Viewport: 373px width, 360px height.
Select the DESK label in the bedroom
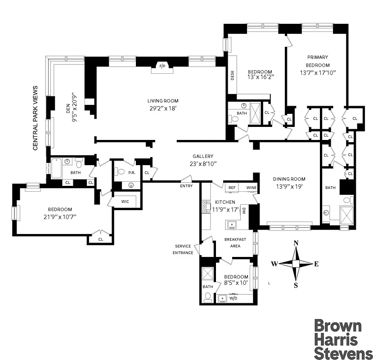click(x=233, y=75)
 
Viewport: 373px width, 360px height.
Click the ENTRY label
click(x=186, y=186)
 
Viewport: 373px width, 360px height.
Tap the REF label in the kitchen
click(x=232, y=188)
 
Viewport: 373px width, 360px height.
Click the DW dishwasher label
click(x=243, y=210)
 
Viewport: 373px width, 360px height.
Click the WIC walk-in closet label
click(x=125, y=201)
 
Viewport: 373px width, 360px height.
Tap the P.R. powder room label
click(x=132, y=172)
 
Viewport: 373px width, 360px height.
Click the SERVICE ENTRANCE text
click(x=184, y=249)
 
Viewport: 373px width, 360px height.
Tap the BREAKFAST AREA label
click(x=235, y=243)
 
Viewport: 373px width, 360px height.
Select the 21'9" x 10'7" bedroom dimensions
click(x=60, y=217)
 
